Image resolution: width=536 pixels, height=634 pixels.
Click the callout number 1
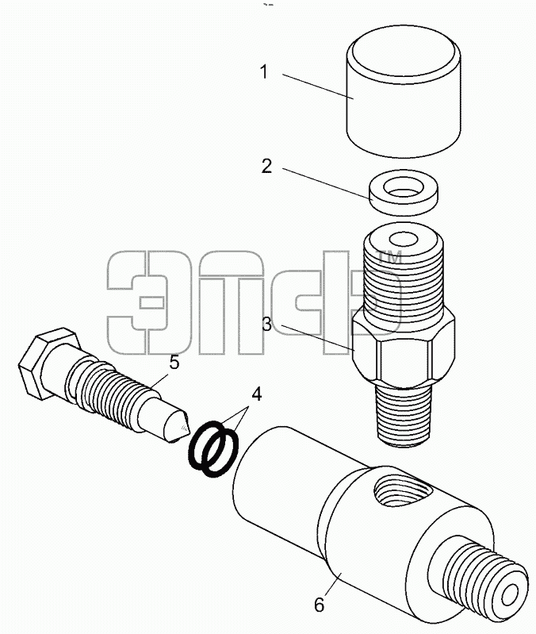[x=264, y=72]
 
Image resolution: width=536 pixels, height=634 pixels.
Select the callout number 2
[x=266, y=166]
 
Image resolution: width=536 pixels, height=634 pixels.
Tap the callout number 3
[x=267, y=324]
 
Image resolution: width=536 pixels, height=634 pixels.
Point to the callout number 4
[x=256, y=394]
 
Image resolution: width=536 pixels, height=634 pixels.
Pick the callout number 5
[x=174, y=363]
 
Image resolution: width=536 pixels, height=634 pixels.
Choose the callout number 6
[x=320, y=605]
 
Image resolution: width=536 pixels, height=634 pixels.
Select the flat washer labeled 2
[x=403, y=193]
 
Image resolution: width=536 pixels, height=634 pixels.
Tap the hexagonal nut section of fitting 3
[x=404, y=351]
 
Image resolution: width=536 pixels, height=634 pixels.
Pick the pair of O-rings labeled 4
[x=213, y=450]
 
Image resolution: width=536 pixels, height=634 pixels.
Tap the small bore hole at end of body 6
[x=509, y=594]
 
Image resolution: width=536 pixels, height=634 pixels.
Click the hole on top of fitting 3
[x=404, y=240]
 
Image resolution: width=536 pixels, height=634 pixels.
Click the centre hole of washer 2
[x=403, y=187]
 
